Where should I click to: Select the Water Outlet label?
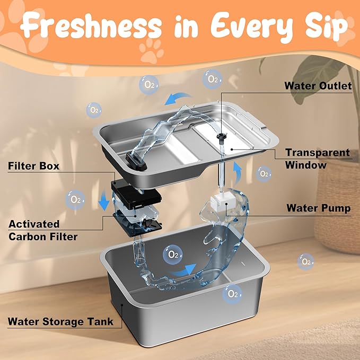click(x=318, y=85)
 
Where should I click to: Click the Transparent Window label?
click(x=317, y=159)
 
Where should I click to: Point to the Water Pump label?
click(x=318, y=208)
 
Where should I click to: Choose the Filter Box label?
click(x=33, y=166)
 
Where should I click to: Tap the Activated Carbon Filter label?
click(x=43, y=230)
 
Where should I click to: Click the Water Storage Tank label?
click(x=60, y=321)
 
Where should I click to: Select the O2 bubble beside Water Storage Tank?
click(x=232, y=293)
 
